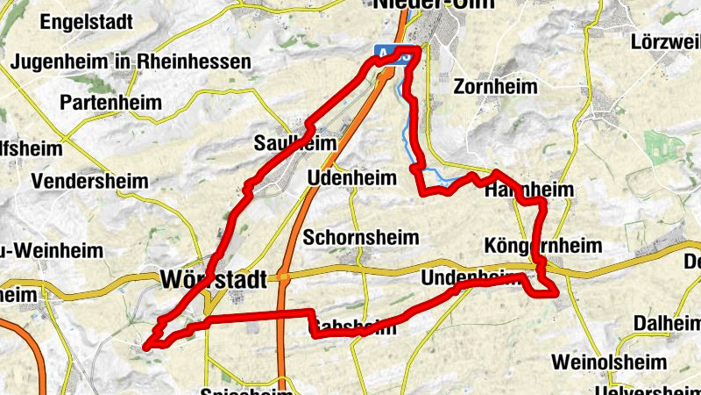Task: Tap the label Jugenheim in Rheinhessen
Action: [131, 63]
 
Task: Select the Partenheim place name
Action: [110, 103]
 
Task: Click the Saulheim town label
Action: [283, 142]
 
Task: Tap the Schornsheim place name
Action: [361, 238]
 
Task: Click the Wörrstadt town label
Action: [213, 279]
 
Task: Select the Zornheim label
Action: [494, 86]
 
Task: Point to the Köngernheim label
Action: [544, 245]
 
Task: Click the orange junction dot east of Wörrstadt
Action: [284, 278]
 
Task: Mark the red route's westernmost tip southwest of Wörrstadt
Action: [145, 345]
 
